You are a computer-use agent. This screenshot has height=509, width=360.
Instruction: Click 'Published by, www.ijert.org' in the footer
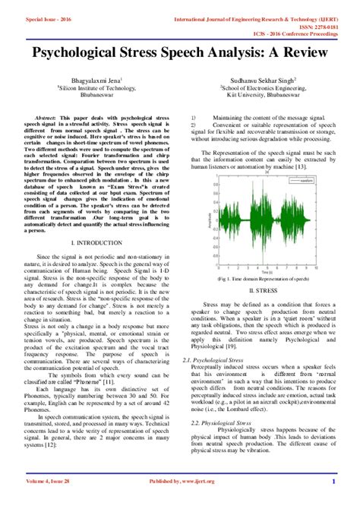(179, 501)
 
